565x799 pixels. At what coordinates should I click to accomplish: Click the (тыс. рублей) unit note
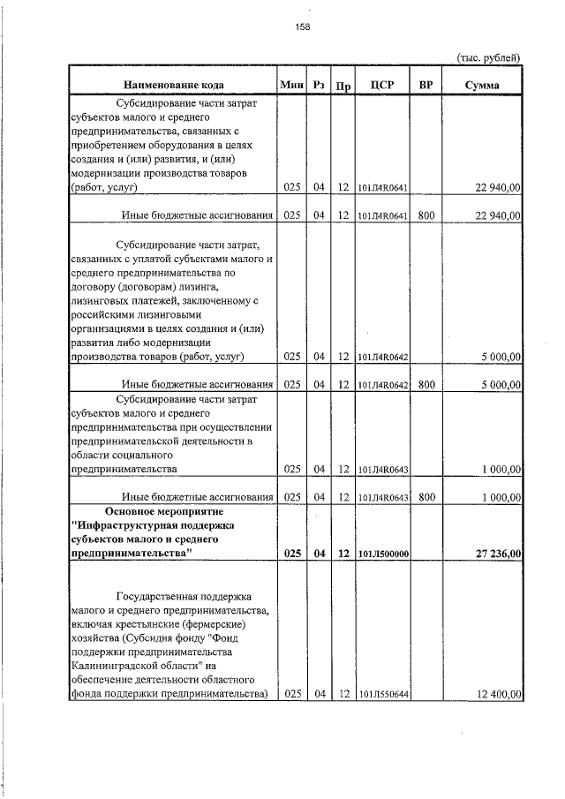click(x=488, y=58)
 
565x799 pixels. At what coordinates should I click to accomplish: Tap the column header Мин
click(x=291, y=85)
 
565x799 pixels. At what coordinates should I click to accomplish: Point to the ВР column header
click(x=426, y=85)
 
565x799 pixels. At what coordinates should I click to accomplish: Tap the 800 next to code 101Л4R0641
click(x=426, y=215)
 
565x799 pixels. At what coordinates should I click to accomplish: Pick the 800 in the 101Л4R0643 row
click(x=426, y=497)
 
